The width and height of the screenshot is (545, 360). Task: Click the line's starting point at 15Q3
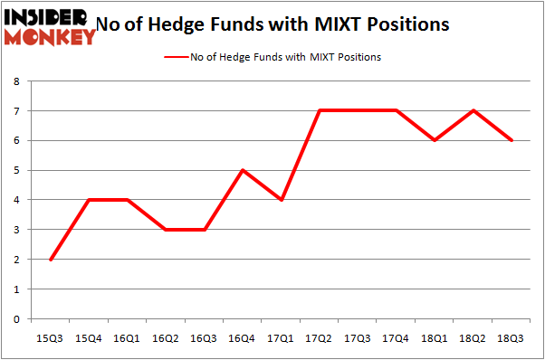tap(51, 260)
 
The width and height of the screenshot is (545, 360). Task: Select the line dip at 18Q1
tap(435, 140)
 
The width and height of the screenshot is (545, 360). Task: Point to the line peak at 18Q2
tap(474, 111)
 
